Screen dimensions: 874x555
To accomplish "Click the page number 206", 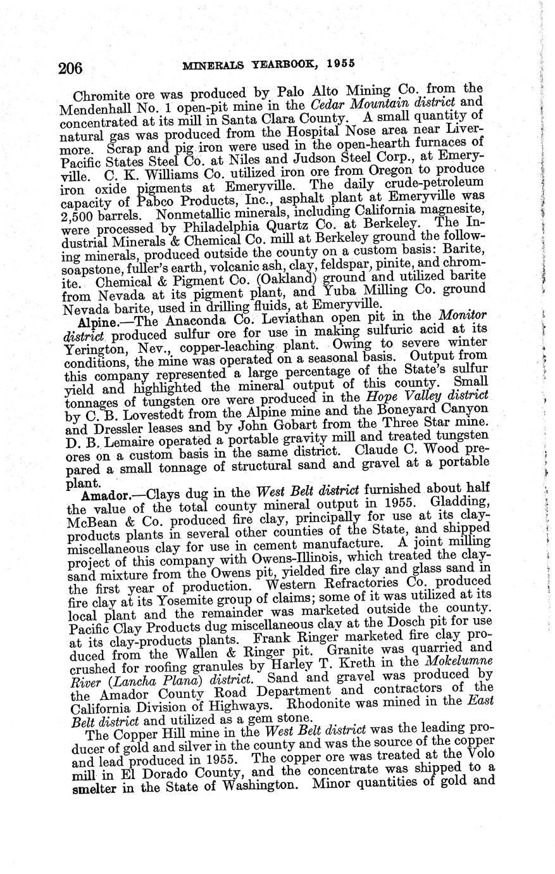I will click(75, 68).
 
